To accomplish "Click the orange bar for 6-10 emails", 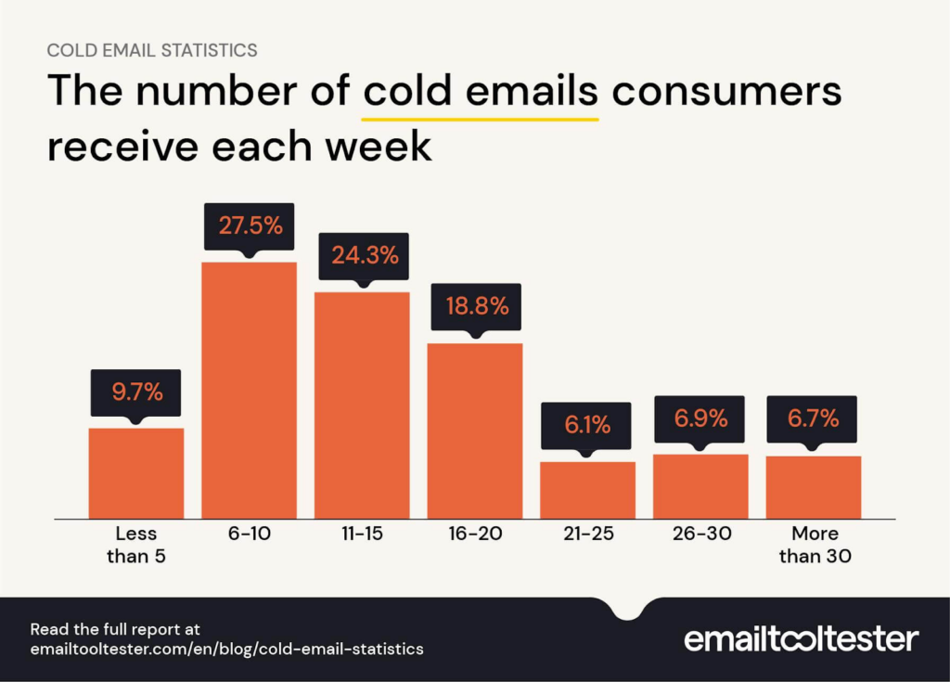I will coord(249,390).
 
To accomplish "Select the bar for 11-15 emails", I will coord(362,405).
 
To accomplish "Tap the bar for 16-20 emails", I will coord(474,431).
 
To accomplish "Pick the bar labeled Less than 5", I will coord(136,473).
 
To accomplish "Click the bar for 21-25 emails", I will coord(587,490).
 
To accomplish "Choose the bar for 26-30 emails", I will coord(700,486).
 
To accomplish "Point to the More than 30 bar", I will coord(814,487).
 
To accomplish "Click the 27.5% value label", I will coord(249,226).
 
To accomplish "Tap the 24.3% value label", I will coord(362,256).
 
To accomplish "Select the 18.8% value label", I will coord(474,306).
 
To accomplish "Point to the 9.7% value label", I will coord(136,392).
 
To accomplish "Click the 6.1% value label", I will coord(587,425).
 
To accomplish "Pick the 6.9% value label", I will coord(700,418).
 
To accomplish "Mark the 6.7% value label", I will coord(814,418).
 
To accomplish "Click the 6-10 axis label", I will coord(249,534).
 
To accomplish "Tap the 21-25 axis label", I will coord(587,534).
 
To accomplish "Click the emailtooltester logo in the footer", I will coord(801,639).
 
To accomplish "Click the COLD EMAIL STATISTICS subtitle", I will coord(152,49).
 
